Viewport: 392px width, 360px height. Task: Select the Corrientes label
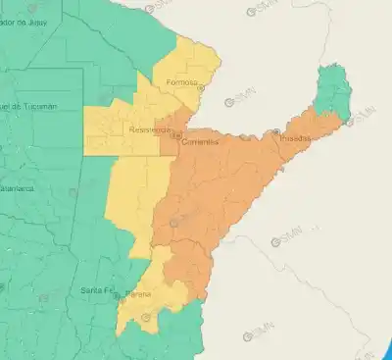click(x=199, y=142)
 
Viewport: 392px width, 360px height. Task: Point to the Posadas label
click(x=295, y=139)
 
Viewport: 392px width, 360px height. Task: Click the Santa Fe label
click(x=98, y=290)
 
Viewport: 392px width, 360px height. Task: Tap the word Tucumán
click(x=37, y=106)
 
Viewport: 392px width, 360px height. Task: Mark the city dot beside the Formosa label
click(x=201, y=87)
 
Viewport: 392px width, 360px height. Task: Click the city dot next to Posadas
click(x=277, y=131)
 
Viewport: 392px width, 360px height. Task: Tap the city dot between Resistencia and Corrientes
click(x=175, y=136)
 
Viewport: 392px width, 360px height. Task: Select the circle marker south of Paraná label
click(x=147, y=316)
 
